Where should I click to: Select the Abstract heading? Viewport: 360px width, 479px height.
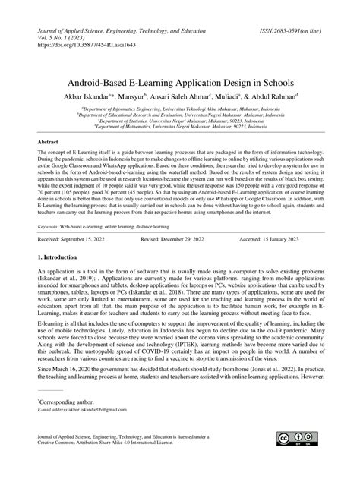click(51, 142)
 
